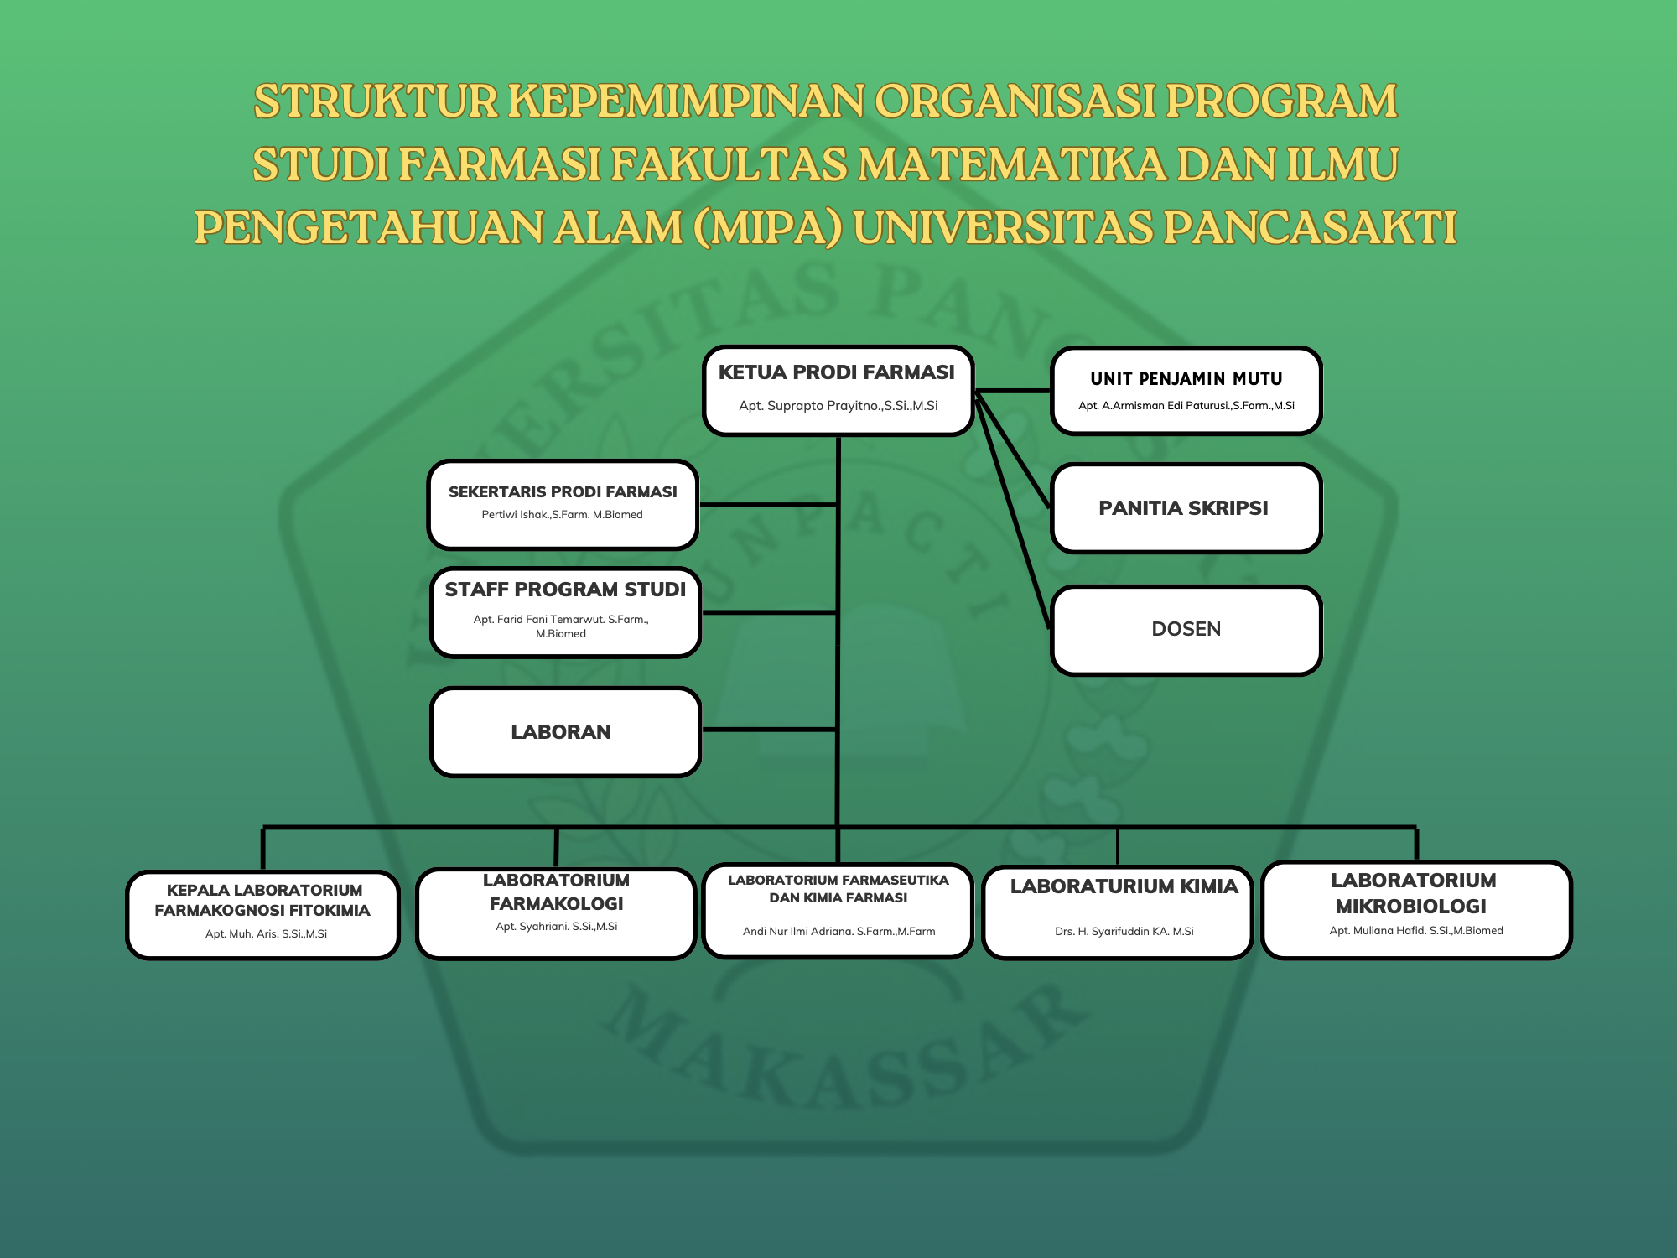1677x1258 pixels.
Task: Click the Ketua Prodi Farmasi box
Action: point(838,391)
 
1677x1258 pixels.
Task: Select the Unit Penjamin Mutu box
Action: point(1186,391)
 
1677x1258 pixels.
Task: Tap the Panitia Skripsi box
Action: point(1186,508)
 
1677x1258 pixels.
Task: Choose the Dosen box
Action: point(1186,630)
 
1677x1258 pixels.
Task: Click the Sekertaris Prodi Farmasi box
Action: point(563,505)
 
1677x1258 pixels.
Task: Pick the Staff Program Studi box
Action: point(565,613)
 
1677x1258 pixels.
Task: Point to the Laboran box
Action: point(565,732)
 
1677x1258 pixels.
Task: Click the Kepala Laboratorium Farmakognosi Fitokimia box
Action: point(262,915)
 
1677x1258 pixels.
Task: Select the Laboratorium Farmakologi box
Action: point(556,913)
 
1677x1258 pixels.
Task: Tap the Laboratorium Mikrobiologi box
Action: point(1416,910)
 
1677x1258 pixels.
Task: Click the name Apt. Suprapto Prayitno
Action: point(810,406)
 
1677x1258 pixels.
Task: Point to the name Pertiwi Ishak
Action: point(515,515)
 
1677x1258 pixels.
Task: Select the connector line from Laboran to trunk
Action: point(769,730)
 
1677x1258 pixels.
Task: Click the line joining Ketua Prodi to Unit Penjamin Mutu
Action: point(1013,391)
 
